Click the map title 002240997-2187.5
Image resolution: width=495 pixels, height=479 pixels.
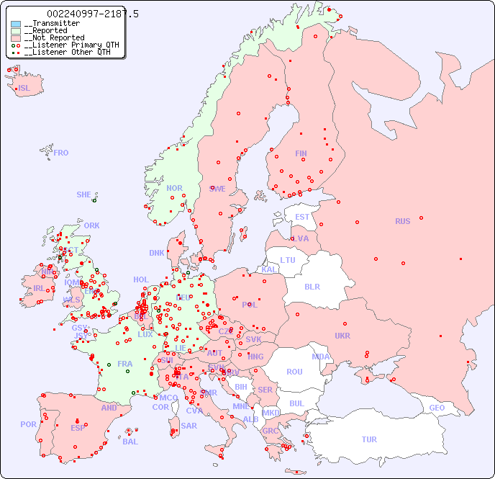point(93,14)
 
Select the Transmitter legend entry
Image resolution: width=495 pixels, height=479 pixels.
point(51,24)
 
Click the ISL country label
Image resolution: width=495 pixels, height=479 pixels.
point(24,89)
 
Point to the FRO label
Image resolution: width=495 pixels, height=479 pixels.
point(61,153)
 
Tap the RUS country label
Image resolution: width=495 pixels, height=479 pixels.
point(402,221)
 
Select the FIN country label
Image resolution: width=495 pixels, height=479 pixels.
point(301,153)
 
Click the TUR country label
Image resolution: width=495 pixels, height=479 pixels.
point(369,439)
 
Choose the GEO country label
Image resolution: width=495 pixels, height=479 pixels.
point(437,408)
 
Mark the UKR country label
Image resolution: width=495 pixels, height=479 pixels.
point(342,336)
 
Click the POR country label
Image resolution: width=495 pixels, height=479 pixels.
point(28,424)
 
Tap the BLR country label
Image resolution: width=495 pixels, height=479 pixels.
point(312,286)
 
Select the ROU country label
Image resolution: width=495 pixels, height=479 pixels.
point(294,372)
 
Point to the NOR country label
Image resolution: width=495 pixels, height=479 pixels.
point(174,188)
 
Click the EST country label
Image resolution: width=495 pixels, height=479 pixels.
point(302,217)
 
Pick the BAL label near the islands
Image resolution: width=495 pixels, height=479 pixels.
point(130,442)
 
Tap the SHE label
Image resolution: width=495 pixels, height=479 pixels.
point(83,194)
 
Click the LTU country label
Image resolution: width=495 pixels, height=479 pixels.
point(288,260)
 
